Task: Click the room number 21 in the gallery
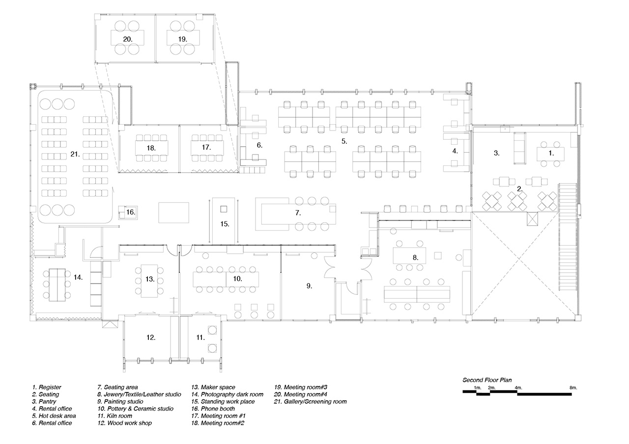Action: tap(75, 154)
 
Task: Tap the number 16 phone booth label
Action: tap(130, 212)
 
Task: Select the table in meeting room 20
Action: tap(127, 38)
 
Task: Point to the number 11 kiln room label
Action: tap(200, 338)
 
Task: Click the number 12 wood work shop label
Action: tap(151, 338)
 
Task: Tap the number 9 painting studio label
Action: tap(309, 285)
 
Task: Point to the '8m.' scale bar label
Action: tap(573, 388)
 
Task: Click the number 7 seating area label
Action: tap(298, 213)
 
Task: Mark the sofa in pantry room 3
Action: tap(519, 149)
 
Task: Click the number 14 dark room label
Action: tap(78, 277)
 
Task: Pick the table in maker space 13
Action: tap(149, 280)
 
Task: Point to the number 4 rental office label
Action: tap(455, 151)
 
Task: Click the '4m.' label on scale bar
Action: tap(518, 388)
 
